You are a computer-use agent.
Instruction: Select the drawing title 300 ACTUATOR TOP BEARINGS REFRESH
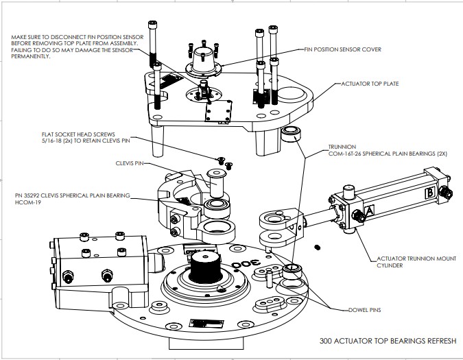tap(388, 339)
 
